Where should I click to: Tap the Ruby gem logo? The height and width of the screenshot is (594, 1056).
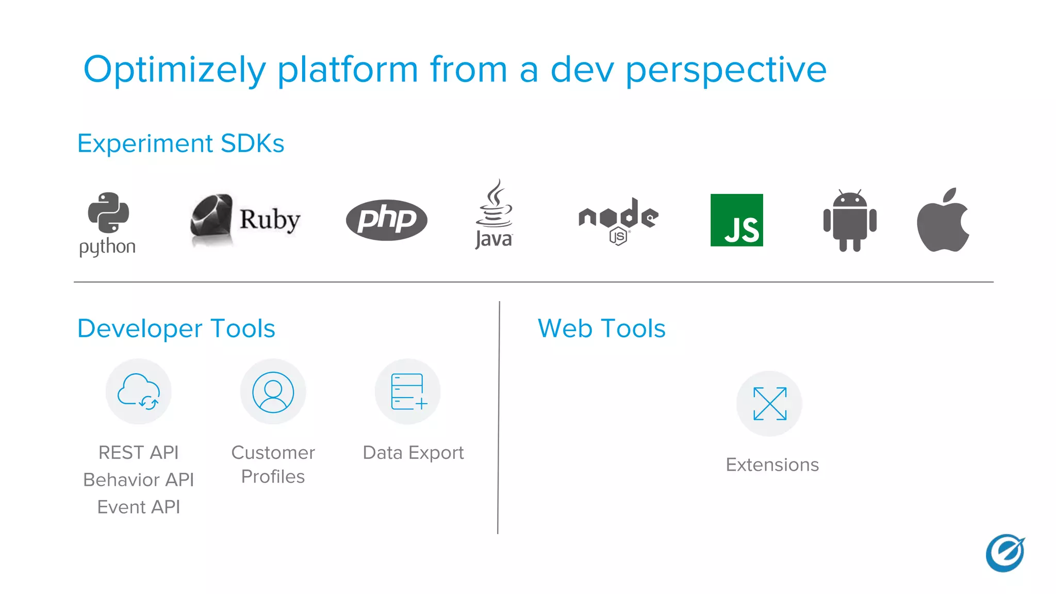(x=211, y=219)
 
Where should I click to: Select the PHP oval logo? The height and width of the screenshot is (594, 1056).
(x=387, y=220)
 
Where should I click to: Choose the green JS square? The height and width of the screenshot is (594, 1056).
(x=736, y=220)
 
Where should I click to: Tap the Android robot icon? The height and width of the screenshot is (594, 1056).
(x=850, y=221)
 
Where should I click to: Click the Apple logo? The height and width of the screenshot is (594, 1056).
(x=943, y=221)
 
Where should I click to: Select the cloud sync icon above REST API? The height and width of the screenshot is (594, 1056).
(x=139, y=392)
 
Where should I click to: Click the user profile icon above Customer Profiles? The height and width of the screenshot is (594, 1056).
(x=273, y=392)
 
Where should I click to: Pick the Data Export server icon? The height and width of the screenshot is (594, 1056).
(x=408, y=392)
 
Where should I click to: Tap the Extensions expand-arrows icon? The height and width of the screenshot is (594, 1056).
(x=770, y=404)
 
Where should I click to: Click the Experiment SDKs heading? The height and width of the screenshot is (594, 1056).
(x=180, y=143)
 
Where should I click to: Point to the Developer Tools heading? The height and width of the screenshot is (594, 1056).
(x=176, y=328)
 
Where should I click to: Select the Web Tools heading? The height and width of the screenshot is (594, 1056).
(x=601, y=328)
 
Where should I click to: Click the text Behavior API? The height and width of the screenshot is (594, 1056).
(x=139, y=480)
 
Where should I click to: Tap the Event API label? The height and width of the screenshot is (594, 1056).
(x=139, y=507)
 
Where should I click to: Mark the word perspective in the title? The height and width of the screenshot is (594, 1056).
(x=726, y=70)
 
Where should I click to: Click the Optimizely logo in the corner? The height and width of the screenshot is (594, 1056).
(x=1005, y=553)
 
